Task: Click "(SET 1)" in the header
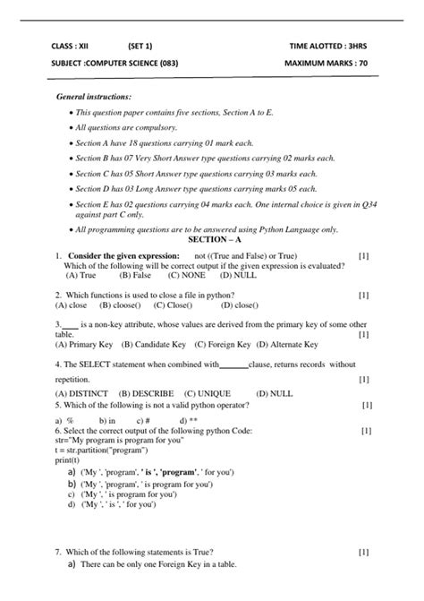click(x=140, y=44)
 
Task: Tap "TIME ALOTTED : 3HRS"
click(x=327, y=44)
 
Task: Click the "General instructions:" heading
click(x=94, y=96)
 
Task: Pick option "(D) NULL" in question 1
click(x=214, y=276)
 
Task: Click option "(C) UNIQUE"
click(x=208, y=393)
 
